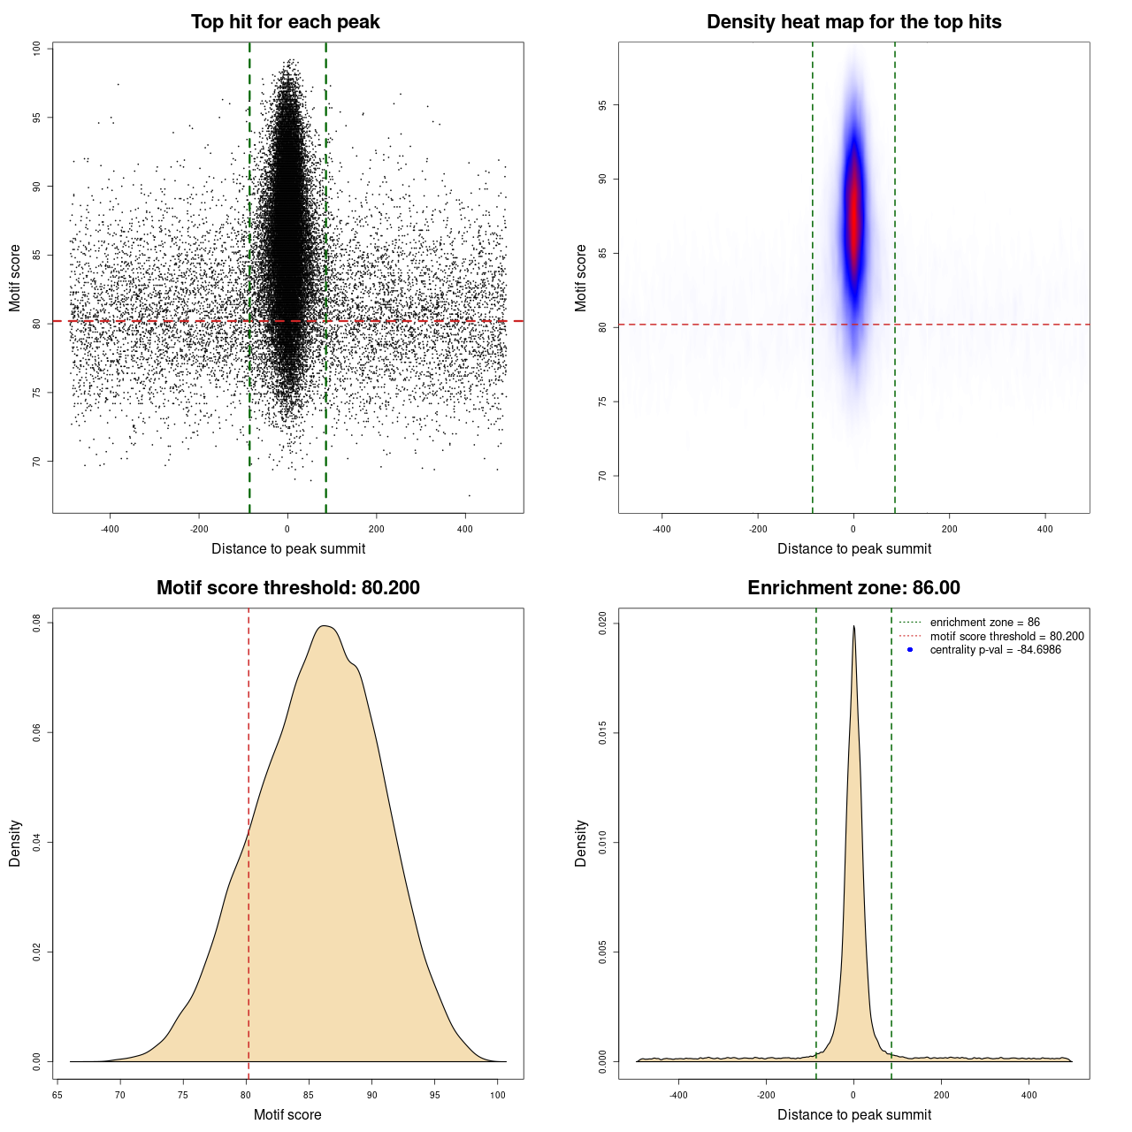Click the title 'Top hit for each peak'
285,22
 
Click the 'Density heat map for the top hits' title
853,22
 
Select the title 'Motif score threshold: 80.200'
287,588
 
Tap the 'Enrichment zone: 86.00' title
853,588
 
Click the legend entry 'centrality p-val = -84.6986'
995,650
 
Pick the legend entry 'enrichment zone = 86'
984,623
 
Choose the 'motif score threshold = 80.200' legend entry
1006,637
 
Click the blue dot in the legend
910,650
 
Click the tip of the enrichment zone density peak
853,627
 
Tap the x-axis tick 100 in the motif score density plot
498,1095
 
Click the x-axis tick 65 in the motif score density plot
57,1095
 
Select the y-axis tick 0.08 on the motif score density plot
36,623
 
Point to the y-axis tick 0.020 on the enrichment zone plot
602,623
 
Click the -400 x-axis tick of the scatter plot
110,529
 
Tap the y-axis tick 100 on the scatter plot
36,49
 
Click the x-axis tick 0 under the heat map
853,529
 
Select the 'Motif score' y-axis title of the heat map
580,278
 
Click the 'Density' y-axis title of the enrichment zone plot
580,843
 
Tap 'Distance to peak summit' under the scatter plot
288,549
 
